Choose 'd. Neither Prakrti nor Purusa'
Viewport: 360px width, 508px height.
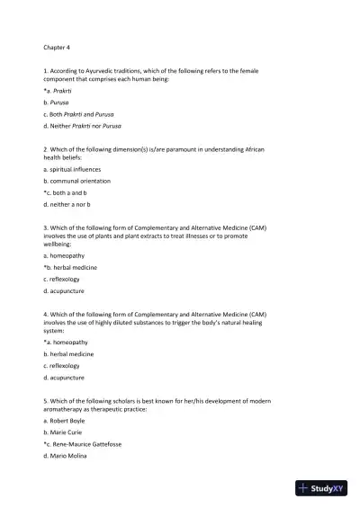click(82, 126)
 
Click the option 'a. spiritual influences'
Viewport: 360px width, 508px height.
click(72, 169)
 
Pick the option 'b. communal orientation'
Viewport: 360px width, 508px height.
click(76, 181)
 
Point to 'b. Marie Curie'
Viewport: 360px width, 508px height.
click(65, 432)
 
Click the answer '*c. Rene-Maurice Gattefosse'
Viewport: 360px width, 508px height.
click(88, 444)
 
